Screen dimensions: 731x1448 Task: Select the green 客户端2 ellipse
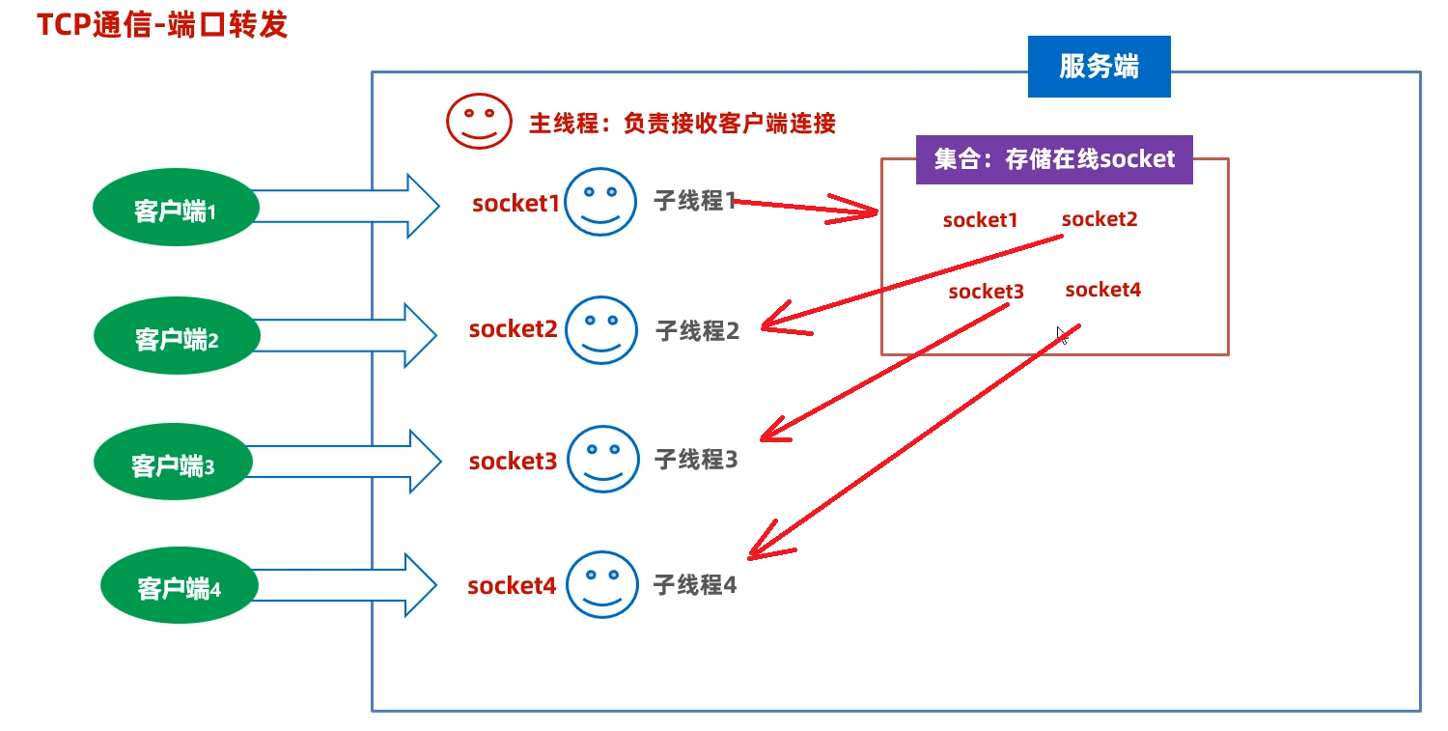click(x=177, y=337)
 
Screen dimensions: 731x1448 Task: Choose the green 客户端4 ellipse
click(x=180, y=586)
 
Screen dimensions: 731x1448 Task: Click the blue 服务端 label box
click(x=1099, y=67)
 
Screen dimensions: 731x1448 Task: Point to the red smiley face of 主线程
click(x=477, y=121)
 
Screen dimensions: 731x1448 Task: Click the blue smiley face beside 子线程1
click(x=600, y=201)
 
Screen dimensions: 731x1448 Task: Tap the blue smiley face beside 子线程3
click(x=602, y=459)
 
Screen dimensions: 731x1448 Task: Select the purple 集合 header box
click(x=1054, y=159)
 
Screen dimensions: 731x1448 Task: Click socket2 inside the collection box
click(x=1100, y=219)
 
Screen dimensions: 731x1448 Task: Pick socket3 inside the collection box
click(x=986, y=292)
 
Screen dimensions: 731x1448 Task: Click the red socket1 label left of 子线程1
click(x=515, y=204)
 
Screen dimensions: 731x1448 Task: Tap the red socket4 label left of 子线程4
click(x=512, y=585)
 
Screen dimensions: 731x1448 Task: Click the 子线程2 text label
click(x=697, y=331)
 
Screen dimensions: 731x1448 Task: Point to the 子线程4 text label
click(x=695, y=584)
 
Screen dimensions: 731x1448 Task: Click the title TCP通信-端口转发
click(x=162, y=25)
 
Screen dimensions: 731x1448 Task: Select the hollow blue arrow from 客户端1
click(x=348, y=206)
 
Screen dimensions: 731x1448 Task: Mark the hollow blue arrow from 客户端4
click(x=348, y=584)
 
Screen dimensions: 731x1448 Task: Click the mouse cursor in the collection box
click(x=1062, y=335)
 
